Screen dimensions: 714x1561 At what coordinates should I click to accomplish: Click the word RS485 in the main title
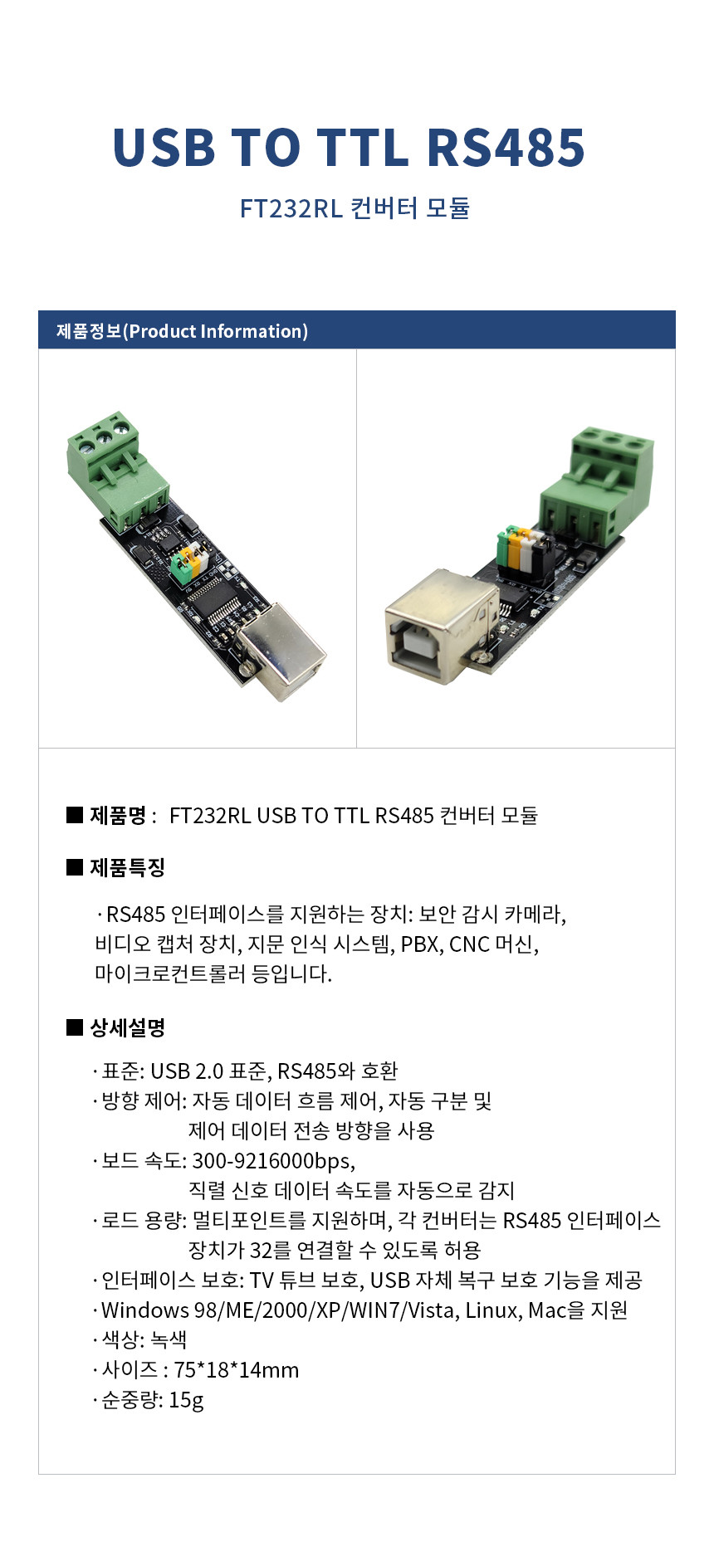(506, 148)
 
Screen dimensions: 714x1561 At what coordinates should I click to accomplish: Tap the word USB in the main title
(164, 148)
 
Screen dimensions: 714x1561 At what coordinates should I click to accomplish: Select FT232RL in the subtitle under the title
(291, 207)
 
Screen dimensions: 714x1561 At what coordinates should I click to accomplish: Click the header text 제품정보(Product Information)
(182, 331)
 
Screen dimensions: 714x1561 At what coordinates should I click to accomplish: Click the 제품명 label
(118, 815)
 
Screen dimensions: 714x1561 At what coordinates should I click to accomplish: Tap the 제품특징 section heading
(127, 867)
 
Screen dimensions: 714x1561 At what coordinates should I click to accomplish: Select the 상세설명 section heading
(127, 1027)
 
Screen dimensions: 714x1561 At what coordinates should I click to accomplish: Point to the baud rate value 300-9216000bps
(273, 1160)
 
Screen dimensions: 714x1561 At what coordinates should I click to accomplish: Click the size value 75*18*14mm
(237, 1369)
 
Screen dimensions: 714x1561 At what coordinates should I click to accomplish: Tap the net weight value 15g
(186, 1400)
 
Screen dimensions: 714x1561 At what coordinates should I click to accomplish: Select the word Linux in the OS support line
(491, 1310)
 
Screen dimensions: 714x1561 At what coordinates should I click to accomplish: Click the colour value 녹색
(169, 1339)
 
